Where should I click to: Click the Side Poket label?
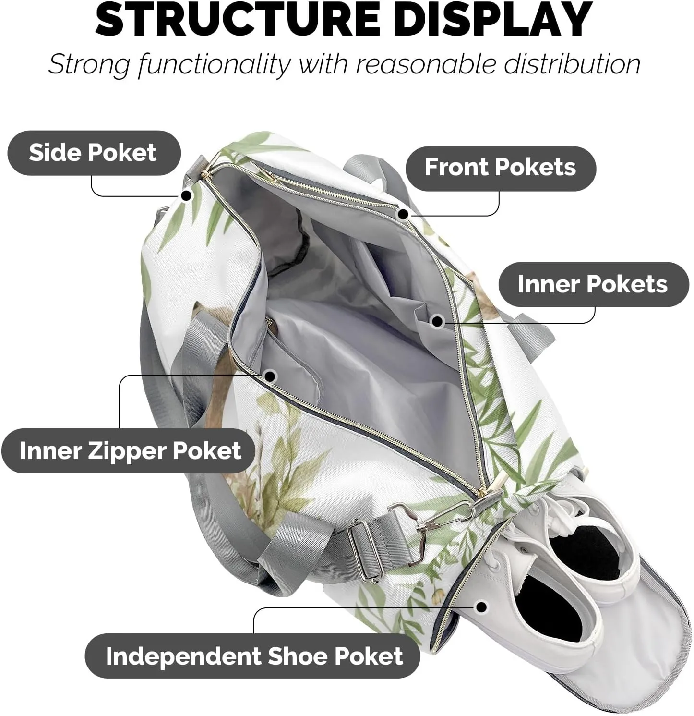click(93, 153)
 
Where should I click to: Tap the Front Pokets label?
click(500, 168)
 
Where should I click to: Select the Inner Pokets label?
click(593, 284)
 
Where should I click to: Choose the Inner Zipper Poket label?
click(130, 451)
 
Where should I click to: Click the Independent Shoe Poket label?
click(254, 656)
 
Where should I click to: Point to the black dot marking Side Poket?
click(186, 195)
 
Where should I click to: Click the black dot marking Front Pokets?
click(403, 214)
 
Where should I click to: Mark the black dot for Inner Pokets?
click(437, 321)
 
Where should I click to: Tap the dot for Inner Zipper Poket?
click(270, 376)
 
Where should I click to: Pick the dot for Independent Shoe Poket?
click(481, 607)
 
